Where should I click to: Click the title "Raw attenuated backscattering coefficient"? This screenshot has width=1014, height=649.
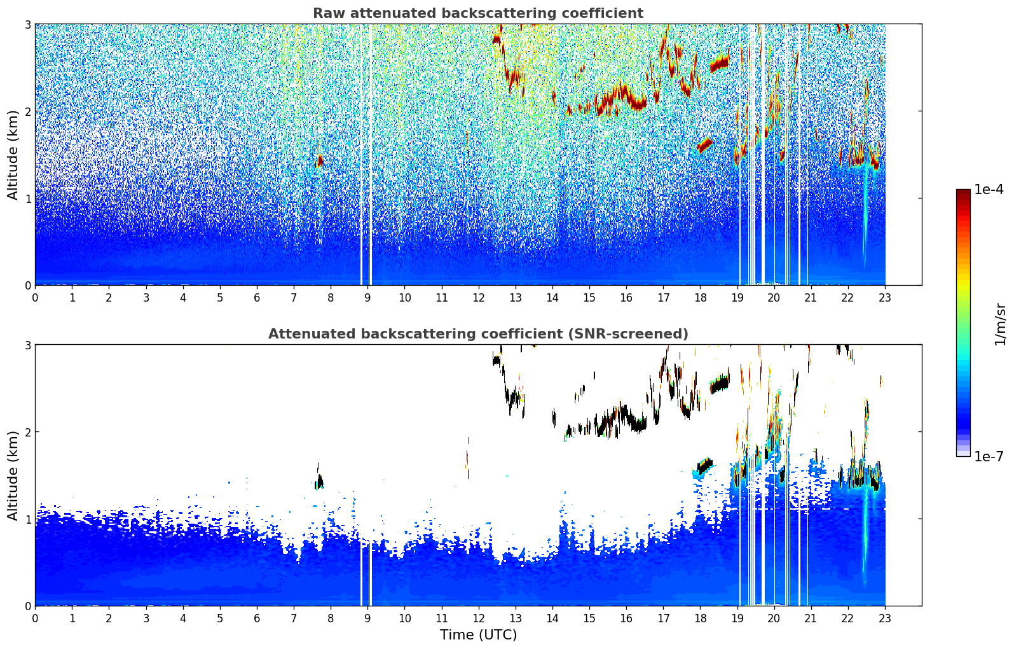click(477, 13)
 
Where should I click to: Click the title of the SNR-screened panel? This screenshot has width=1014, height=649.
click(477, 334)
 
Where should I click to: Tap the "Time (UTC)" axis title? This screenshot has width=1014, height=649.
click(478, 635)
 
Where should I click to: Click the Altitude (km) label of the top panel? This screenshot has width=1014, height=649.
click(13, 155)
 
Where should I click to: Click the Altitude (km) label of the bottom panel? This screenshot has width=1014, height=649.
click(13, 475)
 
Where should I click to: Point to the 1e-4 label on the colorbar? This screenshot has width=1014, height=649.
click(989, 190)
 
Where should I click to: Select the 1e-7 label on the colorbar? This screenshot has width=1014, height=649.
click(989, 456)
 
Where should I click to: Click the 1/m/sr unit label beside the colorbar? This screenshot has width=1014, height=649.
click(1000, 324)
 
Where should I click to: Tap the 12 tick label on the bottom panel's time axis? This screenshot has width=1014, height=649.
click(478, 618)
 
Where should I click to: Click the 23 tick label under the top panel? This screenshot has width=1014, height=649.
click(885, 298)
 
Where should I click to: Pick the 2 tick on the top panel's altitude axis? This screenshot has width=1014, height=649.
click(28, 111)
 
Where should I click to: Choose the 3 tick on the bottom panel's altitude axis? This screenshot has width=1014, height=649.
click(28, 345)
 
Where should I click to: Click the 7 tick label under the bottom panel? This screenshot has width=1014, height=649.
click(294, 618)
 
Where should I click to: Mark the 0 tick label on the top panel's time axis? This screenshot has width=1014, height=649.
click(35, 298)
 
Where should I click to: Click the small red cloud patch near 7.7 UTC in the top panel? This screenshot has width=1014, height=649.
click(319, 160)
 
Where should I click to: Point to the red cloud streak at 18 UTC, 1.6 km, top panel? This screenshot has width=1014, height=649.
click(704, 145)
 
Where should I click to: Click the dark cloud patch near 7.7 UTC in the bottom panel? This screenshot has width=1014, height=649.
click(319, 482)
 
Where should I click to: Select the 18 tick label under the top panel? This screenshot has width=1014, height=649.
click(700, 298)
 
